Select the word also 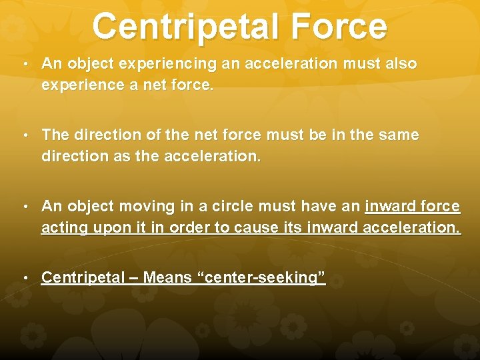pos(401,64)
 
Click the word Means pos(167,277)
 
